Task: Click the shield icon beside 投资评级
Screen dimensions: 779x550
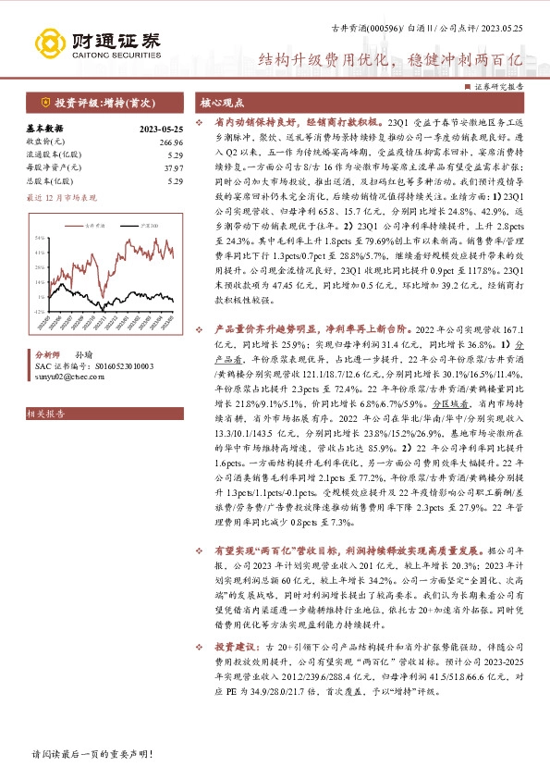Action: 45,103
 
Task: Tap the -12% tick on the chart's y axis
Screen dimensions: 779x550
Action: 41,313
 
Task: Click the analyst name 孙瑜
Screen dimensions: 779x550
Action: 82,354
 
